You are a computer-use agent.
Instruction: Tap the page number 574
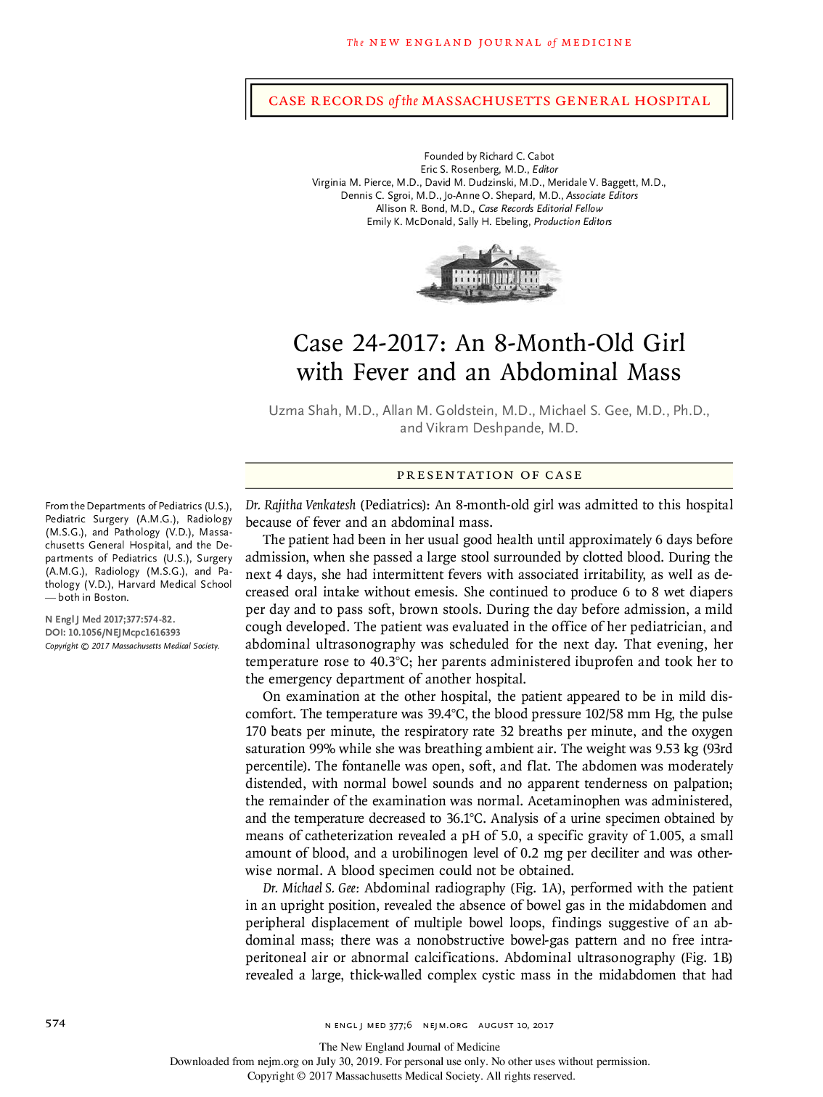tap(55, 1023)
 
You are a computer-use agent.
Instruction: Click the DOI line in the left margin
tap(112, 633)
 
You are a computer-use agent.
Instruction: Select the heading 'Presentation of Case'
tap(488, 475)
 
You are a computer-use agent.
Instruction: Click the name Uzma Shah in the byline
tap(303, 411)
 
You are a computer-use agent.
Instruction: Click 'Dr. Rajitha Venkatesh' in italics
tap(300, 505)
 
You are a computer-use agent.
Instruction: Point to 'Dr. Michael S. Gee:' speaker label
tap(311, 888)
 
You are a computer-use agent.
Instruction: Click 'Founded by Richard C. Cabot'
tap(488, 156)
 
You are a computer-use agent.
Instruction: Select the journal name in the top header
tap(488, 43)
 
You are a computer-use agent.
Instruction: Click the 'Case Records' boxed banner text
tap(488, 101)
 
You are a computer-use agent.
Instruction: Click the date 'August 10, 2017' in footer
tap(515, 1025)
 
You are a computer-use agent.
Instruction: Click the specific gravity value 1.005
tap(666, 836)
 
